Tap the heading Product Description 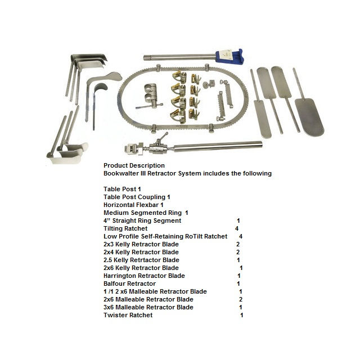[134, 165]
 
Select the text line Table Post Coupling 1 [137, 197]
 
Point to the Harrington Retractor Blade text [144, 276]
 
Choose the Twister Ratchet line [128, 316]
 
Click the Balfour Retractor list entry [129, 284]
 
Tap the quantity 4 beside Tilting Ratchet [237, 229]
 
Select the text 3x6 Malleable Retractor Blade [148, 308]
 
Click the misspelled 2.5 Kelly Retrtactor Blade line [141, 260]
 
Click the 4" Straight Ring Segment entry [142, 221]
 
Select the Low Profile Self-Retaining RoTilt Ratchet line [165, 237]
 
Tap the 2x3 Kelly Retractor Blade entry [141, 245]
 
